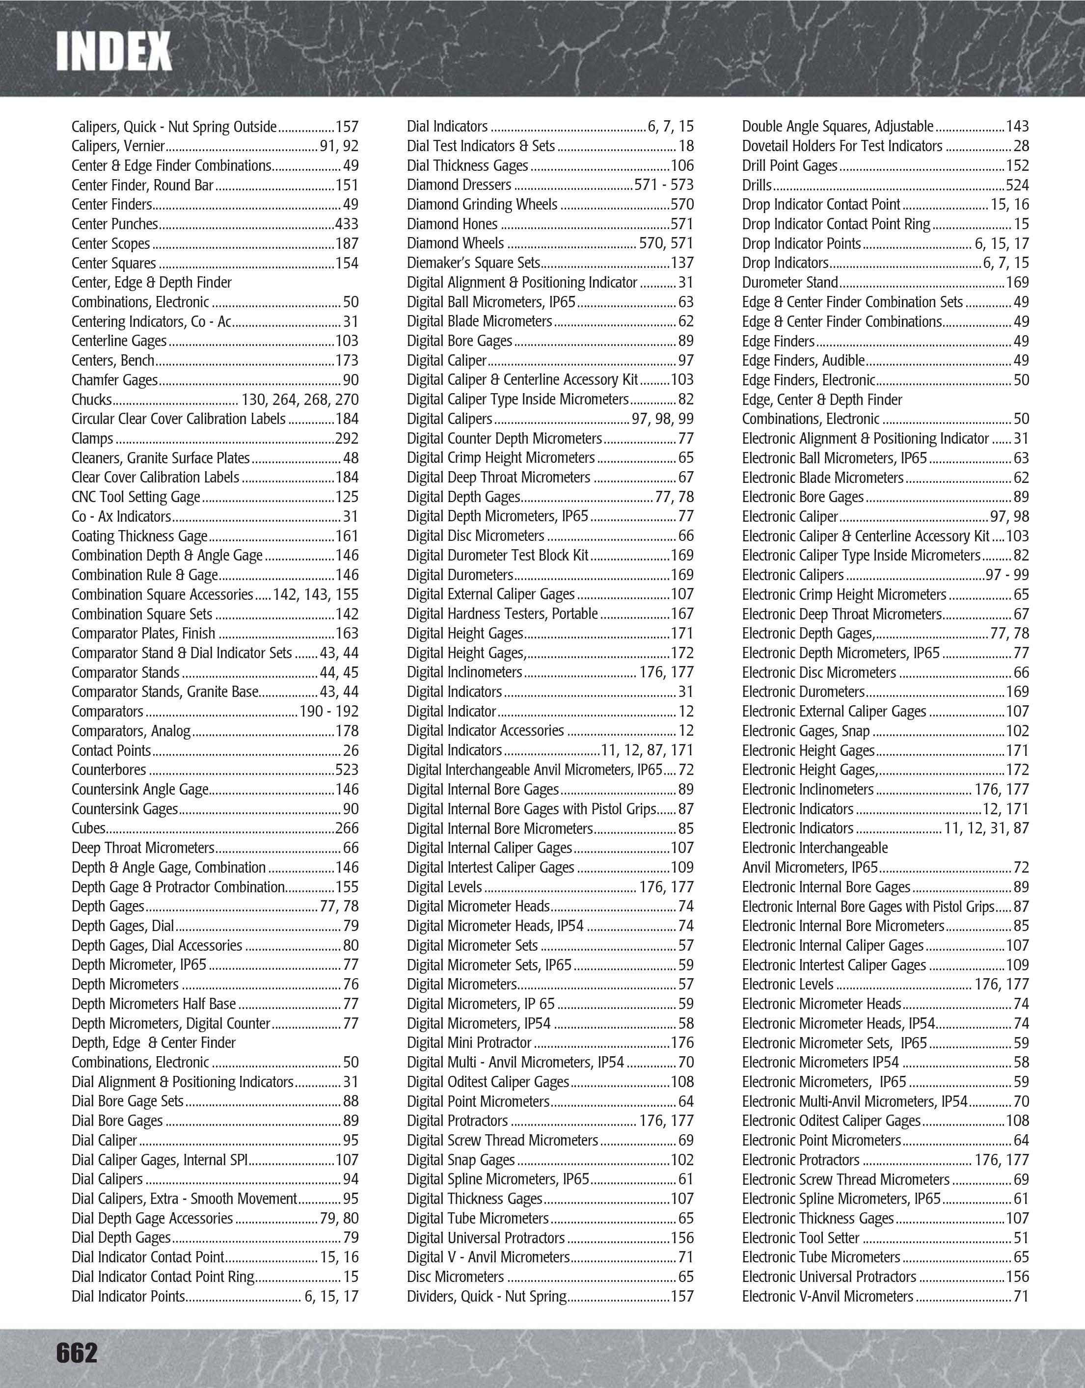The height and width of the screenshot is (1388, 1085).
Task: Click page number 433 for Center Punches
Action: pyautogui.click(x=347, y=224)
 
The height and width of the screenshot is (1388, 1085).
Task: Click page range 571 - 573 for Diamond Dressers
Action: pyautogui.click(x=664, y=185)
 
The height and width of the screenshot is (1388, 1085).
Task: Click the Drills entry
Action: pyautogui.click(x=757, y=186)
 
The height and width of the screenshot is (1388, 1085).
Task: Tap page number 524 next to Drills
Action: pyautogui.click(x=1017, y=186)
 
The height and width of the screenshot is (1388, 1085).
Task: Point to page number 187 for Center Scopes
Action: pyautogui.click(x=347, y=244)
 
